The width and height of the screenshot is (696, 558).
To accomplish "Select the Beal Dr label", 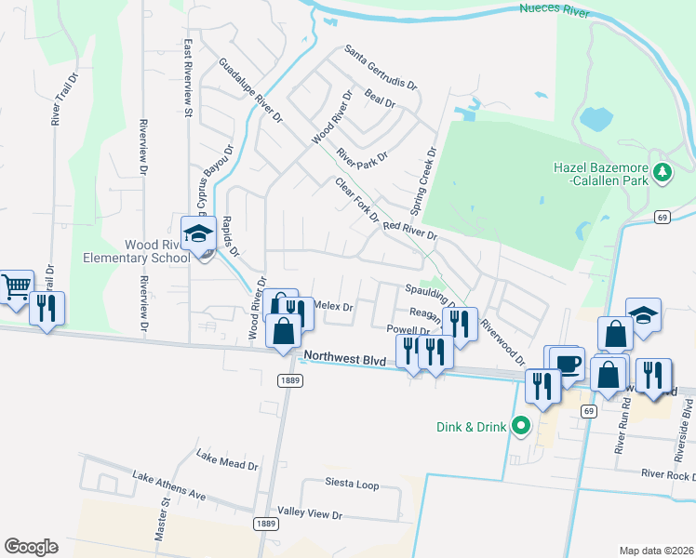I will tap(382, 99).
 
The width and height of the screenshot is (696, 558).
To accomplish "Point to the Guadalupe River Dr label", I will tap(250, 90).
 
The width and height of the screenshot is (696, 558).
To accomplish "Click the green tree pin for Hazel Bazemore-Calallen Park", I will tap(662, 171).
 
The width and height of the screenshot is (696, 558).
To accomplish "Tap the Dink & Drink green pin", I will tap(521, 427).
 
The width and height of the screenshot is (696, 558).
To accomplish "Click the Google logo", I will tap(31, 546).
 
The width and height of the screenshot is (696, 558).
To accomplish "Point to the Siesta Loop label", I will tap(352, 485).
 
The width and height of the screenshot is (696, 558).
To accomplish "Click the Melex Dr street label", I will tap(335, 306).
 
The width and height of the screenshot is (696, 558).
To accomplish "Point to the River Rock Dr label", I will tap(667, 474).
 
